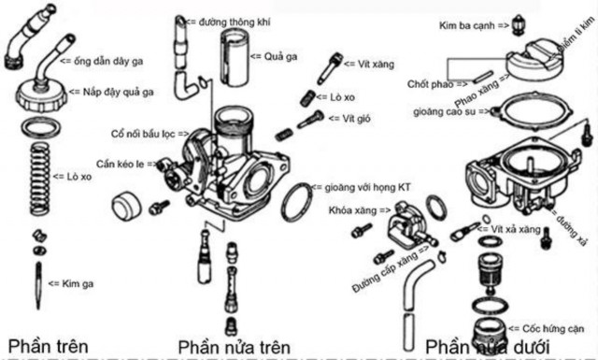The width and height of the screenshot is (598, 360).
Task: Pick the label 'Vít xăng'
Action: [x=364, y=65]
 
